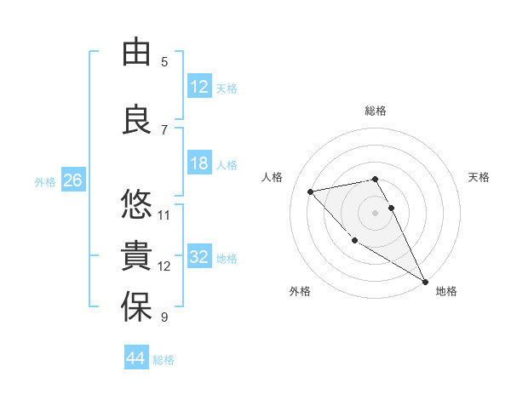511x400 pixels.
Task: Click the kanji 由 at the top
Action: (137, 54)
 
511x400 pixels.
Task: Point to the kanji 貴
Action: (137, 255)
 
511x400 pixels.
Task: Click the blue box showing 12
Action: (198, 88)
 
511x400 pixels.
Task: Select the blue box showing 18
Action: (198, 163)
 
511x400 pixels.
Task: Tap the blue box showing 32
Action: (198, 257)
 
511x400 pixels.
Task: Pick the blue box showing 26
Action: (72, 181)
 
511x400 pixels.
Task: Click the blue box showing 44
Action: (135, 358)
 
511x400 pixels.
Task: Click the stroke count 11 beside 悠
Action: (164, 214)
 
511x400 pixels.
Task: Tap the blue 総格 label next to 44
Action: (164, 360)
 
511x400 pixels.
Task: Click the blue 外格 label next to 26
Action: (45, 182)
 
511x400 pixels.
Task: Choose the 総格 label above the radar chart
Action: (376, 111)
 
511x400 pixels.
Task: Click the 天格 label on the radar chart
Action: (479, 177)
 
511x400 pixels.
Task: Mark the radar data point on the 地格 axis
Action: (426, 282)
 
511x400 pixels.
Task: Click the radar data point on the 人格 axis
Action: (311, 191)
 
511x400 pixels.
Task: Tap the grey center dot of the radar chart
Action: (376, 212)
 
